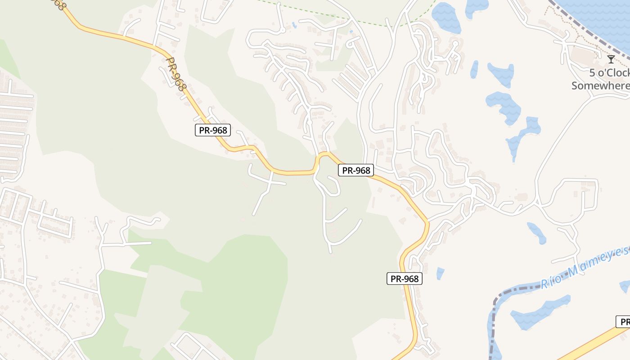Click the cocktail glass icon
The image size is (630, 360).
(x=611, y=59)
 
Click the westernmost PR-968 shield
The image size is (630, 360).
(x=213, y=130)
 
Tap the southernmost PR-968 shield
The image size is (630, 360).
(x=405, y=279)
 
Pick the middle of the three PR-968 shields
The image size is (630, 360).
(x=355, y=170)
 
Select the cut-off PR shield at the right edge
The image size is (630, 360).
(x=623, y=322)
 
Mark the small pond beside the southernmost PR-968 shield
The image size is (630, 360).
(x=440, y=273)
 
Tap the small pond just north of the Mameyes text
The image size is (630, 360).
(x=536, y=232)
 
